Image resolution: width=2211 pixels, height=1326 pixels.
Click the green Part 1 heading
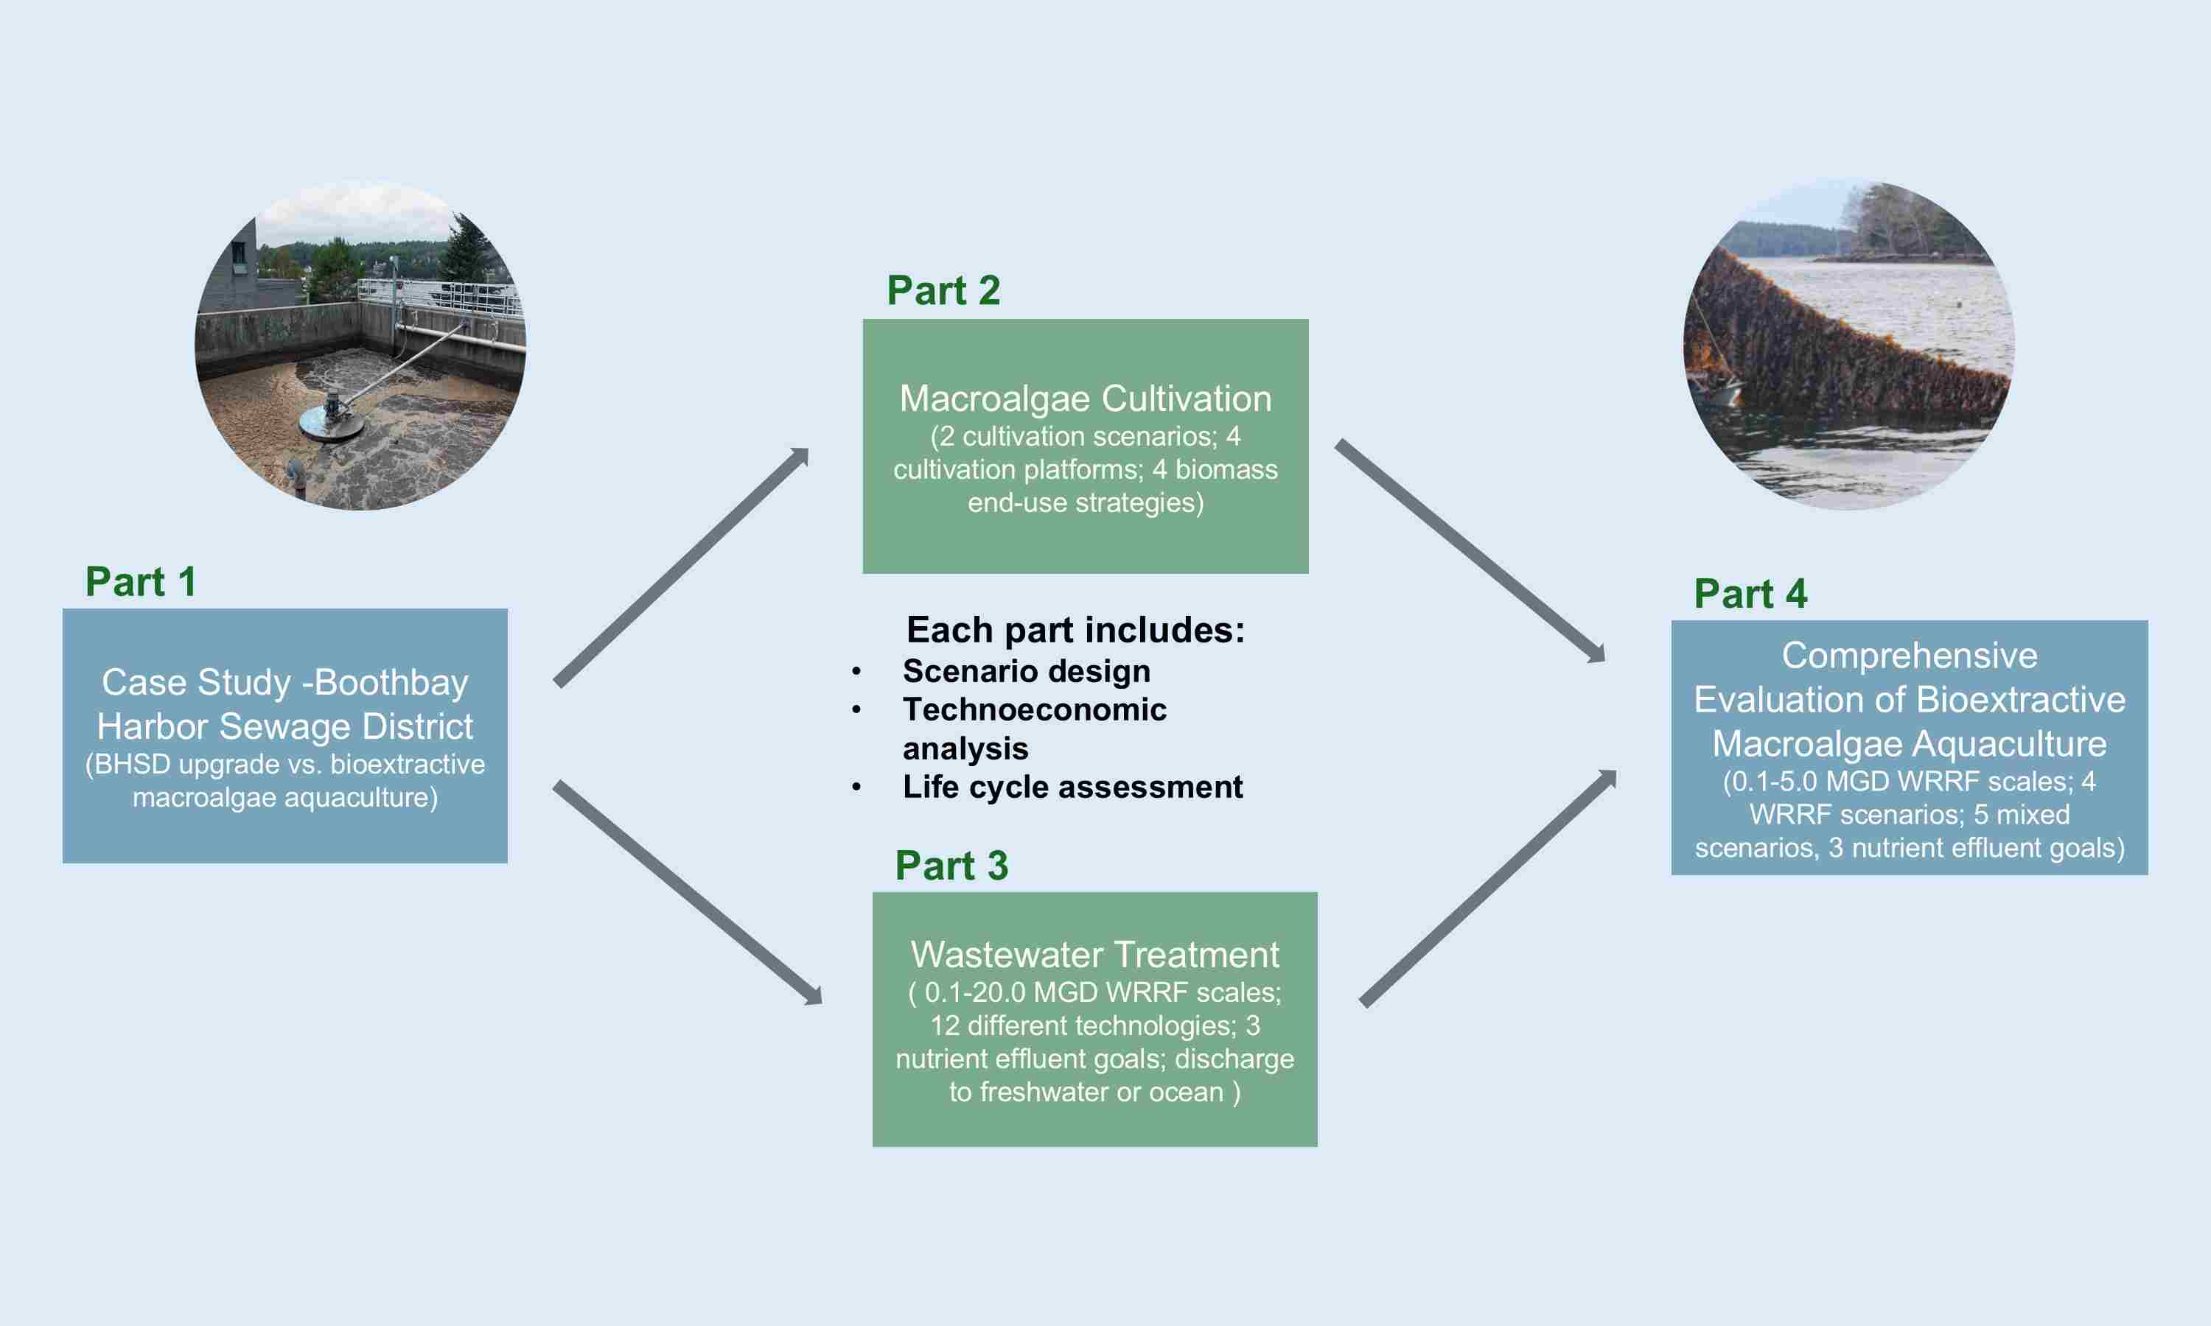[140, 582]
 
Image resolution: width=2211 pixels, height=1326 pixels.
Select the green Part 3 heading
[951, 865]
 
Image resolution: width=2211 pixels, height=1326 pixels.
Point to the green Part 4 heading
[1750, 593]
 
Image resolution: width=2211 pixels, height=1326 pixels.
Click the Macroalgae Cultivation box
[1085, 446]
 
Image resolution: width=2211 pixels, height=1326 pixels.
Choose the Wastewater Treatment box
[1094, 1020]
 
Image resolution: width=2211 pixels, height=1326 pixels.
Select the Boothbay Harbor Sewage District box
[285, 735]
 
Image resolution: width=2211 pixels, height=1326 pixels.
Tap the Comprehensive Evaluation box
[1909, 747]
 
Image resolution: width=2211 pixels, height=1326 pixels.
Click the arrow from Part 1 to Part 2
[681, 566]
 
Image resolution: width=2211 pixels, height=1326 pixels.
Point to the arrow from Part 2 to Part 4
[1470, 550]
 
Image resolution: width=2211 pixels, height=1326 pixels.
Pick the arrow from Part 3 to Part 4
[1488, 888]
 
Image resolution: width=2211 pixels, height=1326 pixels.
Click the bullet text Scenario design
[1026, 671]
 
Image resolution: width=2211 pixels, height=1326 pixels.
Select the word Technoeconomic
[1034, 709]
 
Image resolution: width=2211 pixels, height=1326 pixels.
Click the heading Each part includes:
[1075, 630]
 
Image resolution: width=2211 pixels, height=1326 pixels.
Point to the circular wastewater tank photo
[360, 347]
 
